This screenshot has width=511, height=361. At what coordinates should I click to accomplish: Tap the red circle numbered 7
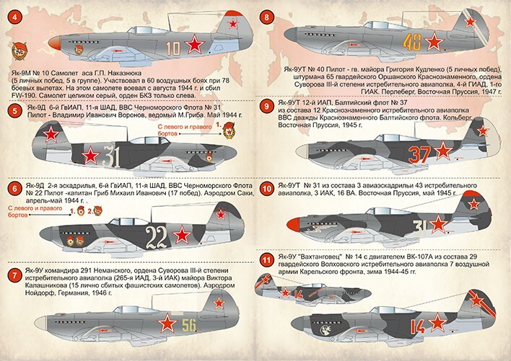click(14, 275)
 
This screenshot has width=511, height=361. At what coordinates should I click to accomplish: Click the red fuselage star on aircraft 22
click(183, 233)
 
